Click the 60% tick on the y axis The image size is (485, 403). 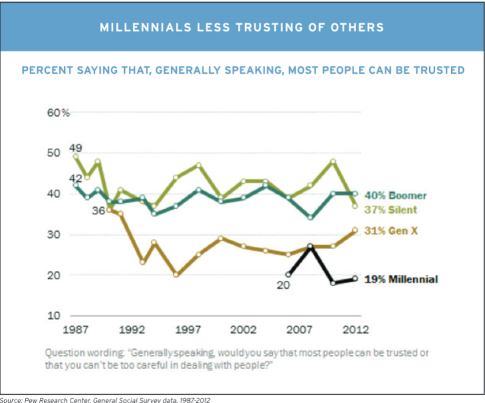click(x=58, y=114)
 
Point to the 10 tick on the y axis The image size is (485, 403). click(x=54, y=315)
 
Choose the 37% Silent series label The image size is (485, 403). click(x=392, y=210)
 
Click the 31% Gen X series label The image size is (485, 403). click(x=393, y=230)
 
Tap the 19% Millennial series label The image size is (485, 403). click(x=401, y=280)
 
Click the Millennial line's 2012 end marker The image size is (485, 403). click(x=355, y=279)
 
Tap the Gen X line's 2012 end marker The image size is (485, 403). click(x=355, y=230)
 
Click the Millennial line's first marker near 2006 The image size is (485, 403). click(x=288, y=274)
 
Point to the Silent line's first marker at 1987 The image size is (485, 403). click(x=76, y=156)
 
